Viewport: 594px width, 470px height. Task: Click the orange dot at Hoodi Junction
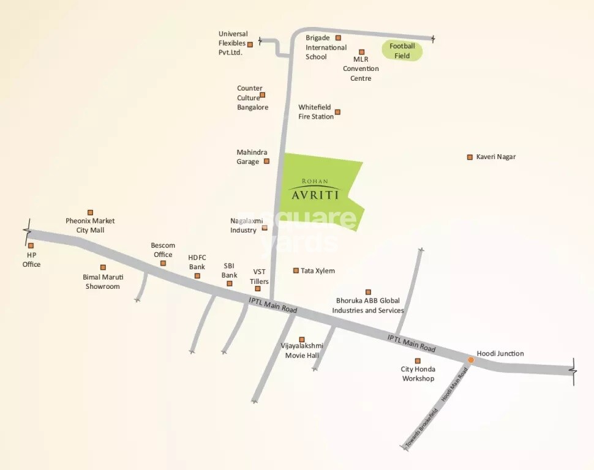click(x=470, y=360)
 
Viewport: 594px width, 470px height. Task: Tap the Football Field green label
click(x=402, y=51)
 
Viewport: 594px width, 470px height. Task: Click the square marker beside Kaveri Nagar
click(x=470, y=157)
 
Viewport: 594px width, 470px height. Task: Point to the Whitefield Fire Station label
click(x=315, y=112)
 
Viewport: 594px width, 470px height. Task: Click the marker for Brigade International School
click(x=338, y=38)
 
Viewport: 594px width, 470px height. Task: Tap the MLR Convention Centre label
click(x=361, y=69)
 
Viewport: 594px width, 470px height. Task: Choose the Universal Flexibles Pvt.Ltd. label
click(x=233, y=43)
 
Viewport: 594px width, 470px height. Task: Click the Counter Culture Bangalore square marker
click(x=263, y=95)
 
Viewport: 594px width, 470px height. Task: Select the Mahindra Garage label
click(x=252, y=157)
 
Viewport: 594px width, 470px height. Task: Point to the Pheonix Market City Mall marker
click(x=90, y=212)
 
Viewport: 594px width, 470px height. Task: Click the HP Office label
click(x=32, y=259)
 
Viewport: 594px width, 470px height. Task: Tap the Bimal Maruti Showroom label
click(x=103, y=282)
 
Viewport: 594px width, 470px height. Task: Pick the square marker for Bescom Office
click(x=163, y=263)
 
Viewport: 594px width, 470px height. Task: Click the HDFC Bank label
click(x=197, y=262)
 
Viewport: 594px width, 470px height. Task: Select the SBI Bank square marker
click(x=230, y=283)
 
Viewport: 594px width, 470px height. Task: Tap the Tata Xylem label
click(x=318, y=270)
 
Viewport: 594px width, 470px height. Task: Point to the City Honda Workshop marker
click(x=418, y=361)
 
